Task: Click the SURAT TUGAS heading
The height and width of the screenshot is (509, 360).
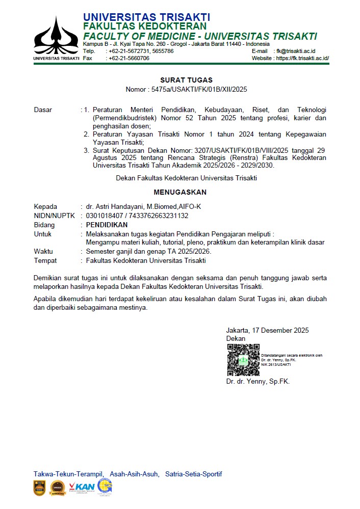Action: [x=186, y=80]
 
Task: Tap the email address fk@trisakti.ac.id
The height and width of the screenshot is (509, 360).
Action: [x=296, y=51]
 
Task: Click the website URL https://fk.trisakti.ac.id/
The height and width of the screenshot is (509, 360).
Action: [x=302, y=58]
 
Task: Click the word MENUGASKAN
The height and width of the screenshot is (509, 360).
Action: [x=180, y=192]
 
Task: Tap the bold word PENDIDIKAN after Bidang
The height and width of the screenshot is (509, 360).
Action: [x=107, y=225]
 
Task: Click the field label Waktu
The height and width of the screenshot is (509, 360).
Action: [x=43, y=252]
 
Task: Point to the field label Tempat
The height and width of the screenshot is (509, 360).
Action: [x=44, y=260]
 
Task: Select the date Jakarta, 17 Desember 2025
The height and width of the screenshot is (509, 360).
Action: [x=267, y=330]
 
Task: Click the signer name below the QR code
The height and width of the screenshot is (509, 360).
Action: [x=258, y=381]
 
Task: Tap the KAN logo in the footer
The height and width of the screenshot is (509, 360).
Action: [x=82, y=487]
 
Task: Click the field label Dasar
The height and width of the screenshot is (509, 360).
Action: [x=43, y=110]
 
